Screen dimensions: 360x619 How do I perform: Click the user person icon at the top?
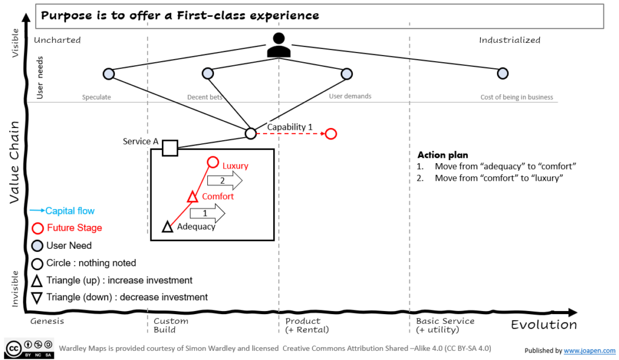278,45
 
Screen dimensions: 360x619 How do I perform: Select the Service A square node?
170,148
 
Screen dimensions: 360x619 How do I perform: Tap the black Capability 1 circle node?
250,133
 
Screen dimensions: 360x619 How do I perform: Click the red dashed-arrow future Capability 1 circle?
331,133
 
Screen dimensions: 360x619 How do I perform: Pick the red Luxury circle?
213,162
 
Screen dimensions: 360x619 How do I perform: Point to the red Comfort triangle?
192,197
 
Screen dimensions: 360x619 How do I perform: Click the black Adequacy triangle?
168,227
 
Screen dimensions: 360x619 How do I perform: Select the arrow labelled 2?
224,180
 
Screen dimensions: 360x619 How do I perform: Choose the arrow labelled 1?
207,213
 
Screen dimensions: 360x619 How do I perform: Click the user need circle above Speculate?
109,74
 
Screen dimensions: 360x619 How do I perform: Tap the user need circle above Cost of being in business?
502,74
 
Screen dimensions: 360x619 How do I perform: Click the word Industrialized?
510,40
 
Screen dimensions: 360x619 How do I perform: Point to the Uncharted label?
57,40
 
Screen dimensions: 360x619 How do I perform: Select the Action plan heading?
443,155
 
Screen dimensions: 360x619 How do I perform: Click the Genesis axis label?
47,321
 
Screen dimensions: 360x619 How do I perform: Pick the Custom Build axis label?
170,325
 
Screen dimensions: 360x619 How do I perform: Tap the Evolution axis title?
543,325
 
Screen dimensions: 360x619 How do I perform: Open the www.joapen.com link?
589,350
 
